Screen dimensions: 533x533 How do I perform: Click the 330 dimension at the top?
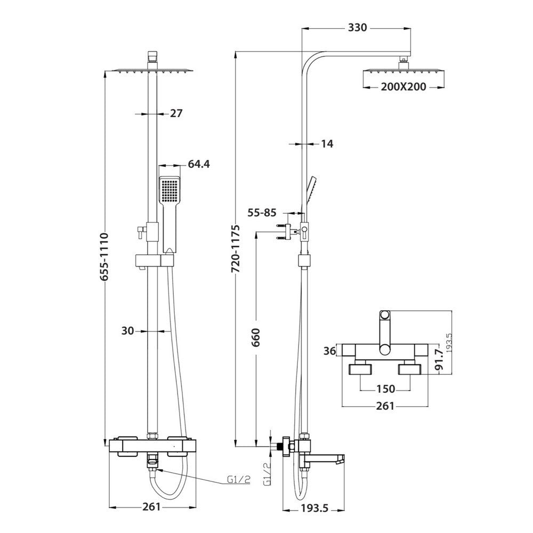click(357, 28)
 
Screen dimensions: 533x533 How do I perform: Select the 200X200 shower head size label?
click(403, 86)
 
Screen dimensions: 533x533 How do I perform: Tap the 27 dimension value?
click(176, 113)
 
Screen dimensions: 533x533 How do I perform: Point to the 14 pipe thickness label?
click(327, 143)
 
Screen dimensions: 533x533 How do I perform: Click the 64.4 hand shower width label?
click(198, 164)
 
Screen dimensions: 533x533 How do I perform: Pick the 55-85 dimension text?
click(261, 213)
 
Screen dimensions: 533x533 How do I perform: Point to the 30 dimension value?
click(127, 330)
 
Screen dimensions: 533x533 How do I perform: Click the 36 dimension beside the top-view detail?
click(330, 351)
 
